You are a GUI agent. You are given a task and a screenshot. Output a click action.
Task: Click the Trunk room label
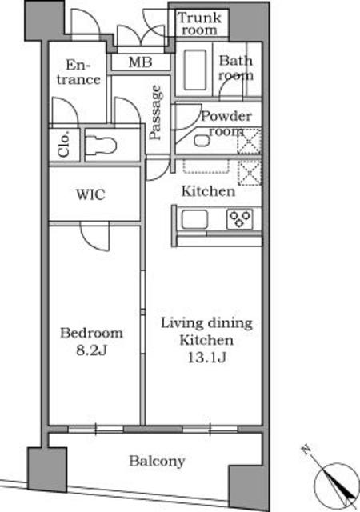point(199,23)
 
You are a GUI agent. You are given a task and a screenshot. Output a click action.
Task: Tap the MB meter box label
point(140,62)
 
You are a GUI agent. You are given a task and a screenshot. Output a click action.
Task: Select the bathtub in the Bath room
point(194,70)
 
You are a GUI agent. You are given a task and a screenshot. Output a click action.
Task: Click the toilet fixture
point(101,146)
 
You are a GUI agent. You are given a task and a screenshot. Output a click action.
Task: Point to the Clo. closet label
point(64,144)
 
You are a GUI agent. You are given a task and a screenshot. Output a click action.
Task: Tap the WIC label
point(90,194)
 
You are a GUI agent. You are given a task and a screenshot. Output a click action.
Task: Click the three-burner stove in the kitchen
point(240,219)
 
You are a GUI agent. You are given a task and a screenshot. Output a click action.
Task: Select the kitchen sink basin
point(194,219)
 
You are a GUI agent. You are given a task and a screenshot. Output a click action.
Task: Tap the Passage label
point(155,112)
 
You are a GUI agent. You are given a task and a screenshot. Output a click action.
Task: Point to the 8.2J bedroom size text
point(92,350)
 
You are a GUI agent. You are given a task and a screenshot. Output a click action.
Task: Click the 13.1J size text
point(206,358)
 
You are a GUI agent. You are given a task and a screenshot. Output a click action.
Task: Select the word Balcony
point(157,461)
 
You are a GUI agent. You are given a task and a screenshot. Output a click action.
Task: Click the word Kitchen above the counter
point(208,191)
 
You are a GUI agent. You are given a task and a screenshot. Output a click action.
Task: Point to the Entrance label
point(78,73)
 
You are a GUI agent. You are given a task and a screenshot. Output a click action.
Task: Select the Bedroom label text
point(92,333)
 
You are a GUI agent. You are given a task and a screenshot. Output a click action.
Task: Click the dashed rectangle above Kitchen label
point(206,166)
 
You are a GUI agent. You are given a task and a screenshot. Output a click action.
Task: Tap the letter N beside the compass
point(306,450)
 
